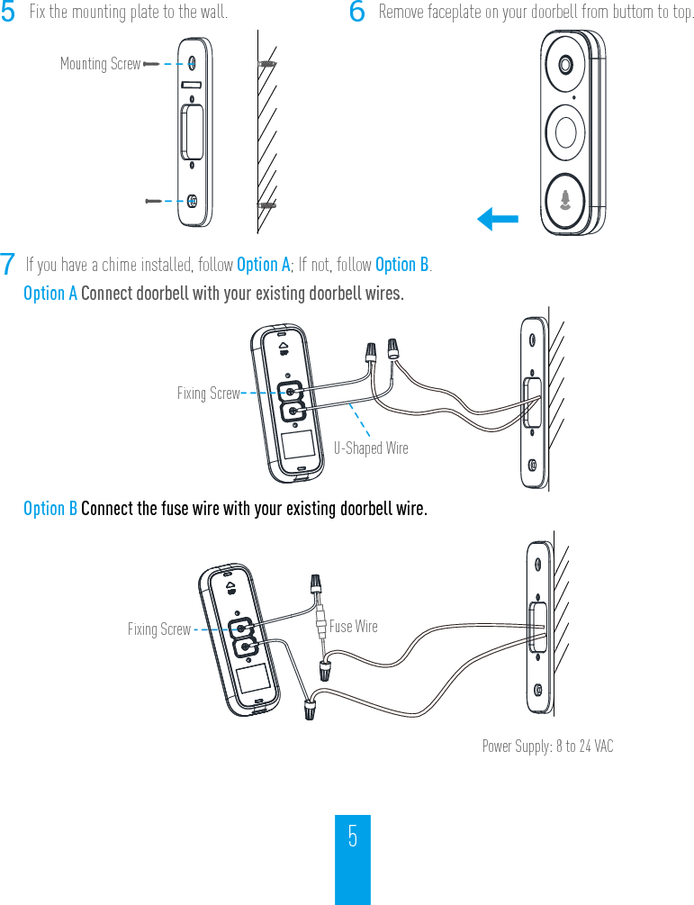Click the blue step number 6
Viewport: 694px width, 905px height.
pyautogui.click(x=356, y=13)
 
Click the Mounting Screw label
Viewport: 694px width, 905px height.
pyautogui.click(x=100, y=64)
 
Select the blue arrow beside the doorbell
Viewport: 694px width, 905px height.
pyautogui.click(x=498, y=219)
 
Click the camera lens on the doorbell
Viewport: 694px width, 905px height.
pyautogui.click(x=566, y=66)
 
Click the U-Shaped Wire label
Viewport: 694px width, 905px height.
pyautogui.click(x=371, y=448)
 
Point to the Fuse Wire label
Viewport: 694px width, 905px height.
pyautogui.click(x=354, y=626)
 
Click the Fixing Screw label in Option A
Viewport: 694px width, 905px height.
pyautogui.click(x=208, y=394)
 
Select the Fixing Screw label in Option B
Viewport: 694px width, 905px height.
pyautogui.click(x=158, y=629)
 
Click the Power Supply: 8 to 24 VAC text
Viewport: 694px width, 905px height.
pyautogui.click(x=547, y=746)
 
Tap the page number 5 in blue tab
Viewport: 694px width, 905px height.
pyautogui.click(x=353, y=837)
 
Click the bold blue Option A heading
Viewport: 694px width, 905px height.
pyautogui.click(x=50, y=294)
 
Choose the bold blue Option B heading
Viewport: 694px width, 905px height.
pyautogui.click(x=50, y=509)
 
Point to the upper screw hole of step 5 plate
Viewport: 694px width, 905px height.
pyautogui.click(x=194, y=64)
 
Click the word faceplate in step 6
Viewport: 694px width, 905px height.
pyautogui.click(x=461, y=13)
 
